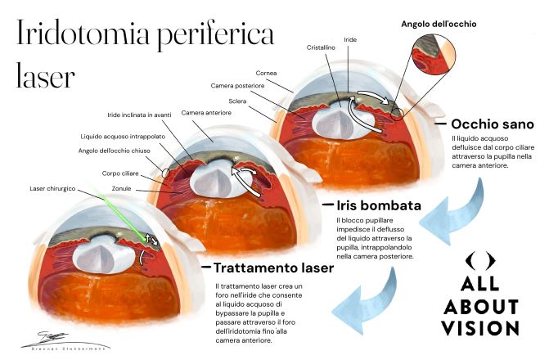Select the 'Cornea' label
click(268, 72)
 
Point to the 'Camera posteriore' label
click(236, 86)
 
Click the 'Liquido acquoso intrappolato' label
click(121, 136)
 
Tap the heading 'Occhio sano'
click(493, 124)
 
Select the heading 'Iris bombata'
click(378, 205)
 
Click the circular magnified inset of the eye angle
click(425, 63)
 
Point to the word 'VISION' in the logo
click(480, 328)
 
